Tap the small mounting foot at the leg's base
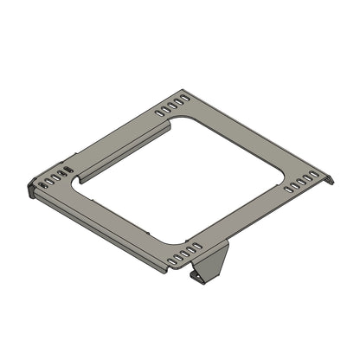(199, 278)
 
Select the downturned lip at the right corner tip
(329, 180)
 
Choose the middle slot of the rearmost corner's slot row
(171, 107)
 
